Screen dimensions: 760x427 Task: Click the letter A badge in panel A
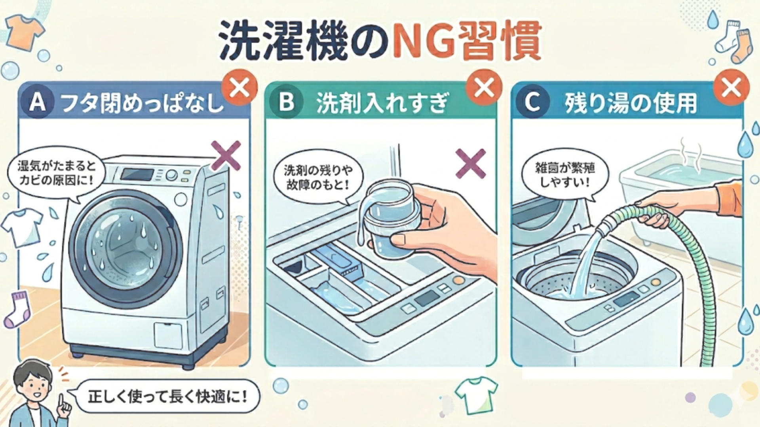[38, 103]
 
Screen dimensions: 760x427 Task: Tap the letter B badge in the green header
[286, 102]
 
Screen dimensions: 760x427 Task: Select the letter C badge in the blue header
[532, 102]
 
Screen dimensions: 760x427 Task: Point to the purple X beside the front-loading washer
[226, 155]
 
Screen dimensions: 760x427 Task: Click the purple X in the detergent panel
[471, 164]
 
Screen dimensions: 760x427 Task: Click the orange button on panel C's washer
[655, 282]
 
